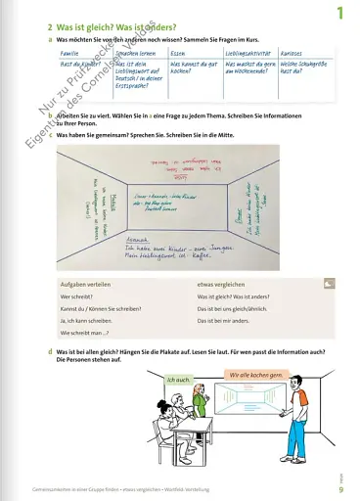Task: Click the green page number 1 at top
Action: (340, 13)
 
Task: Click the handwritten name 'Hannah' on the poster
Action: (140, 237)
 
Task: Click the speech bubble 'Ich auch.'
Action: (181, 380)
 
